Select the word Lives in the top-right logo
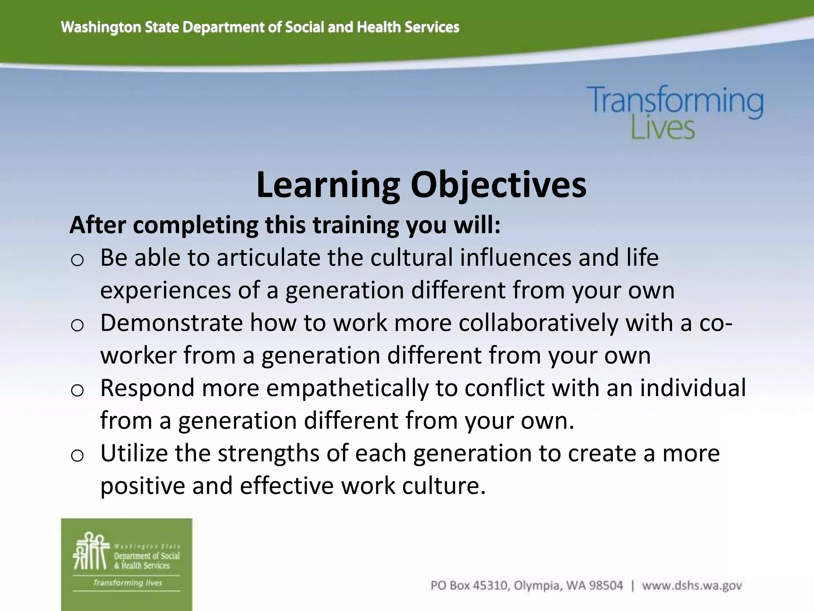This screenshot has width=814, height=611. (x=663, y=128)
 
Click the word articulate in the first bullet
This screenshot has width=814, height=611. (x=268, y=257)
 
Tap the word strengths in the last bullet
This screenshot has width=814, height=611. (x=268, y=453)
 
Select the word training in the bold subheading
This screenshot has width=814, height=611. (x=356, y=225)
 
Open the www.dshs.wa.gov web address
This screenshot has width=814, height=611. (x=692, y=586)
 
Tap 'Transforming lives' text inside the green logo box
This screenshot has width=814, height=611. (x=127, y=583)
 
